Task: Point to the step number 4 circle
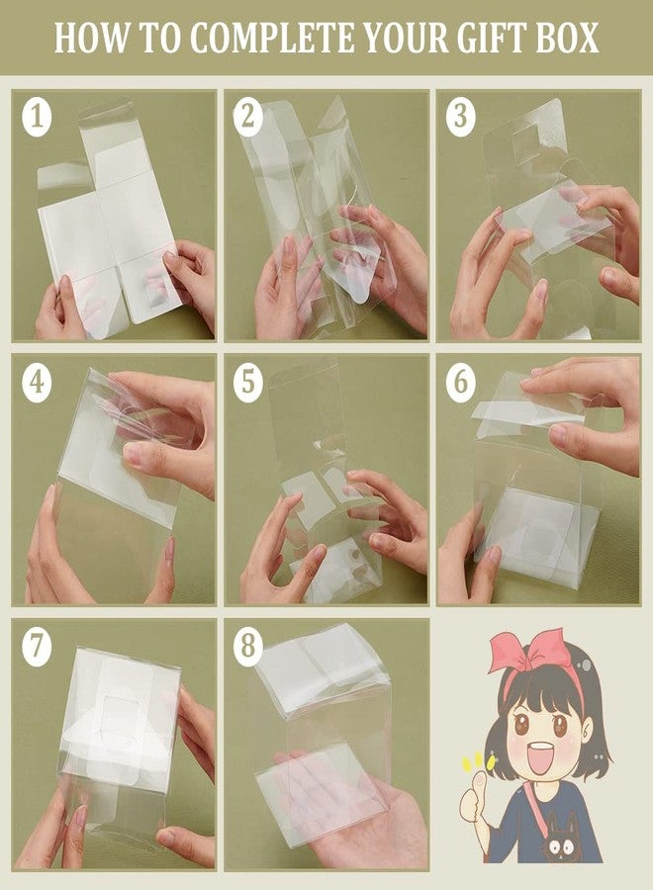(37, 382)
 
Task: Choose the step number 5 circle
(247, 382)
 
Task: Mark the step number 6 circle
(460, 382)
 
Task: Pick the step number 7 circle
(37, 646)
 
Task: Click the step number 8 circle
(247, 646)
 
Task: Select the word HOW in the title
(91, 38)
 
